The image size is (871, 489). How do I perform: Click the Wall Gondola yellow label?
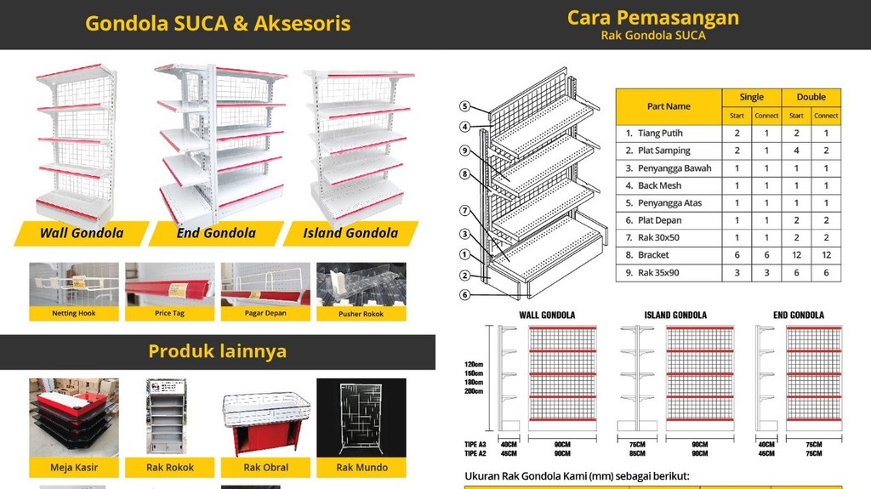click(82, 233)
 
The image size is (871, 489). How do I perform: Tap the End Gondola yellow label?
click(216, 233)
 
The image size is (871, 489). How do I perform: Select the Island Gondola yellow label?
click(350, 233)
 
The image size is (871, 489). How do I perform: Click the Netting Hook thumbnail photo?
click(75, 285)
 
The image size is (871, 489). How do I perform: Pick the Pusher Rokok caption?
click(361, 314)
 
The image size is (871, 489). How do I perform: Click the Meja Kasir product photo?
click(74, 418)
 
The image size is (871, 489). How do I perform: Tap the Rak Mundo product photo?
click(361, 418)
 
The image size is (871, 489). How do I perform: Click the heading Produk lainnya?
click(217, 351)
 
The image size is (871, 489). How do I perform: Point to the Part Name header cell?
click(669, 106)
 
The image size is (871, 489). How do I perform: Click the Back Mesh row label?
click(660, 185)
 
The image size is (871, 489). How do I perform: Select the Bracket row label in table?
click(653, 255)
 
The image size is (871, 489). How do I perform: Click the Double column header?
click(811, 97)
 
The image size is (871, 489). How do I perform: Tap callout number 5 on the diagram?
click(464, 106)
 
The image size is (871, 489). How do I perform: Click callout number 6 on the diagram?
click(464, 294)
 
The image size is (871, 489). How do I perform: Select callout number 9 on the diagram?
click(464, 151)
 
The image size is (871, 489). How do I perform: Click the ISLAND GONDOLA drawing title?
click(676, 315)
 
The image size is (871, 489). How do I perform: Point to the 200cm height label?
click(473, 391)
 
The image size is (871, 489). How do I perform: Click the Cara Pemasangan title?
click(653, 17)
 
